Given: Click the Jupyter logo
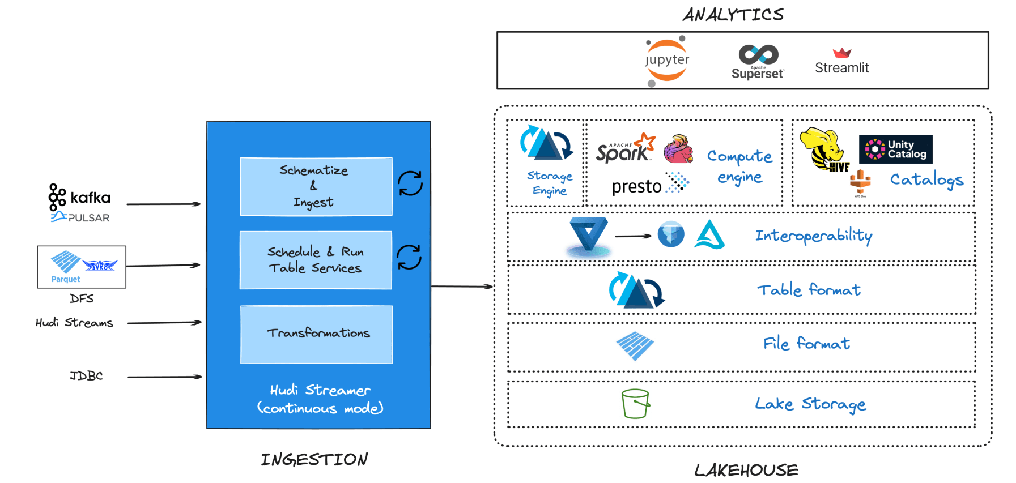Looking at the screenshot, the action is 667,61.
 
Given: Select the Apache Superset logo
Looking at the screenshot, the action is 758,62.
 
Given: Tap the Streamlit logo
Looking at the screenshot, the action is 841,61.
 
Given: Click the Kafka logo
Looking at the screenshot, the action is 79,197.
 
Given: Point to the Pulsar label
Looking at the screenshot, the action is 80,217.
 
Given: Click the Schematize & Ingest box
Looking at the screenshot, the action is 316,186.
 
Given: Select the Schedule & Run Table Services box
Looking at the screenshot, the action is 316,260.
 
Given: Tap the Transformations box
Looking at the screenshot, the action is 316,334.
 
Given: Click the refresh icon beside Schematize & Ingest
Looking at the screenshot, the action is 410,183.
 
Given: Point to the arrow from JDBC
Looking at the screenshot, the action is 165,377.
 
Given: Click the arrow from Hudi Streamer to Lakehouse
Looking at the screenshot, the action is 462,287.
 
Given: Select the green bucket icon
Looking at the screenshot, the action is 635,404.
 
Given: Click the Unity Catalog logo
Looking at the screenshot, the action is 895,149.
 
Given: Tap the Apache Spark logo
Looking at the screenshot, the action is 625,148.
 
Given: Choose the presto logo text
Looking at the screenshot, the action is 636,186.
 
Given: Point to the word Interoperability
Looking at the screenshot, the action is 814,236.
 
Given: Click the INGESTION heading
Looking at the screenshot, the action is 314,459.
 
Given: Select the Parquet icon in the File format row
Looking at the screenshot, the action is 635,345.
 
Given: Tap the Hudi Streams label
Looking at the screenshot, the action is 74,323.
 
